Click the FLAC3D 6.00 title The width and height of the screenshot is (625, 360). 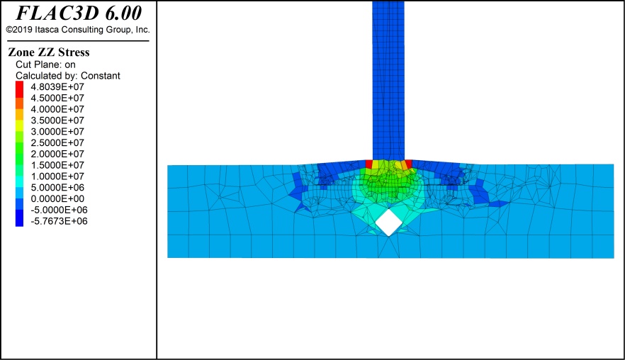pyautogui.click(x=79, y=13)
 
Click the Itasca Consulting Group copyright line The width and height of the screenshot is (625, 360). pyautogui.click(x=78, y=30)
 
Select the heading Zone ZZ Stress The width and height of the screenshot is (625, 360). pyautogui.click(x=49, y=52)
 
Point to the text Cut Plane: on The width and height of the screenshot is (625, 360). pyautogui.click(x=45, y=64)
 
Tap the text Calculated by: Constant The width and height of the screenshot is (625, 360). pyautogui.click(x=68, y=76)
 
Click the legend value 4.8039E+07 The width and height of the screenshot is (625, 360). pyautogui.click(x=57, y=87)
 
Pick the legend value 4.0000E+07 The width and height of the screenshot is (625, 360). pyautogui.click(x=57, y=109)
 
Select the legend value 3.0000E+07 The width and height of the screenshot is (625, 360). pyautogui.click(x=57, y=132)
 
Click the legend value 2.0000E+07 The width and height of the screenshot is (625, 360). pyautogui.click(x=57, y=154)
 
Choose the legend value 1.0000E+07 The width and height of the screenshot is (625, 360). pyautogui.click(x=57, y=176)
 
